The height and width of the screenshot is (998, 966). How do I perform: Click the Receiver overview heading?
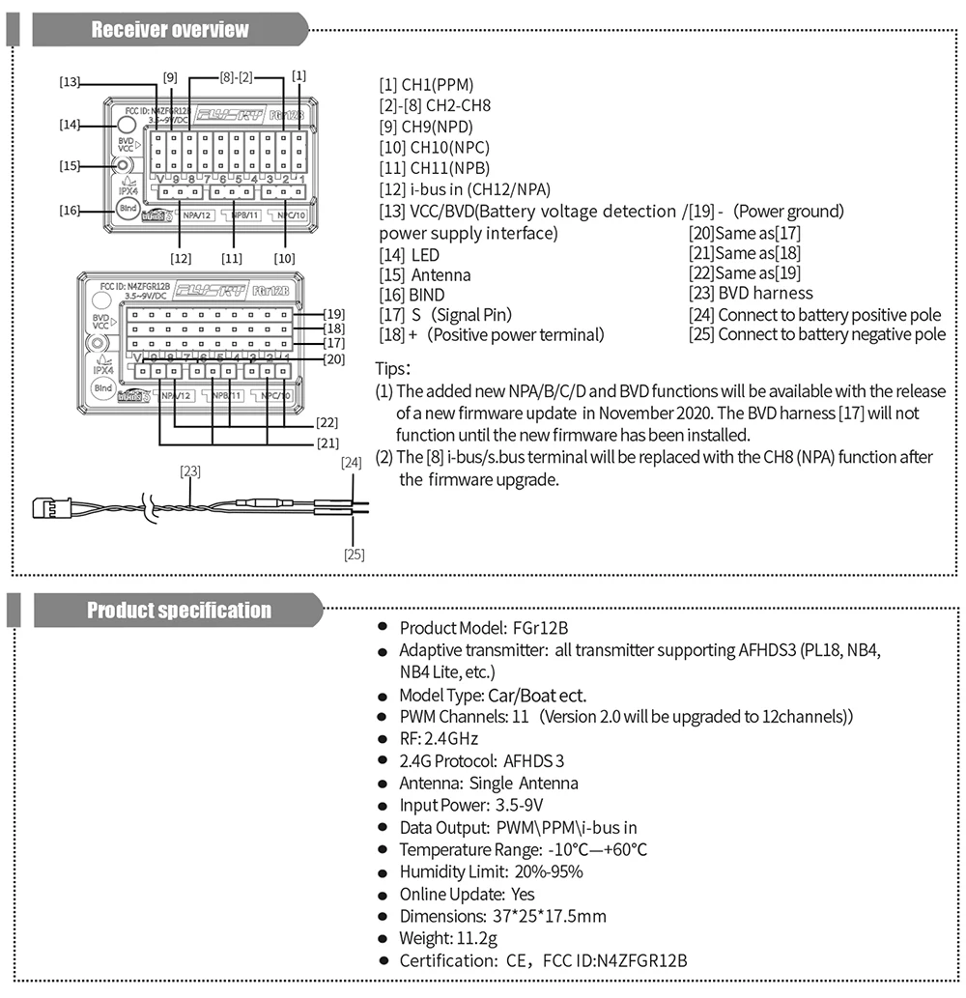tap(170, 30)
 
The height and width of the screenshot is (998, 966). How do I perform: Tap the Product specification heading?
tap(179, 611)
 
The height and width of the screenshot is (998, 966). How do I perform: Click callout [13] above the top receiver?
tap(69, 83)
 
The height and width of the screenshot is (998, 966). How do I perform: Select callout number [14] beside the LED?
tap(69, 125)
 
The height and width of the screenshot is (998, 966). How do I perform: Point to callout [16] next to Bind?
tap(69, 210)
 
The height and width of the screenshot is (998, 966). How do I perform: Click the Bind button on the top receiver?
tap(127, 209)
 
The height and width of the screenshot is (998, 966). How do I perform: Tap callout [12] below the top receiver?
tap(181, 258)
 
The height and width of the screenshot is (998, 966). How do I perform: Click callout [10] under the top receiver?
tap(284, 258)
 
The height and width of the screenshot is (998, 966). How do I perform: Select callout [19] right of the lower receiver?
tap(334, 313)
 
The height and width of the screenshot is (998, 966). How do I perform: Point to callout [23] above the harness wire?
tap(190, 471)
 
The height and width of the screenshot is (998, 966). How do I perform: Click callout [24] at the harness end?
tap(352, 463)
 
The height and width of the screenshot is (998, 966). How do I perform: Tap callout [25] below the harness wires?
tap(354, 554)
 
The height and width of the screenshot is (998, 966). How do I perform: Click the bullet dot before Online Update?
tap(384, 896)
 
